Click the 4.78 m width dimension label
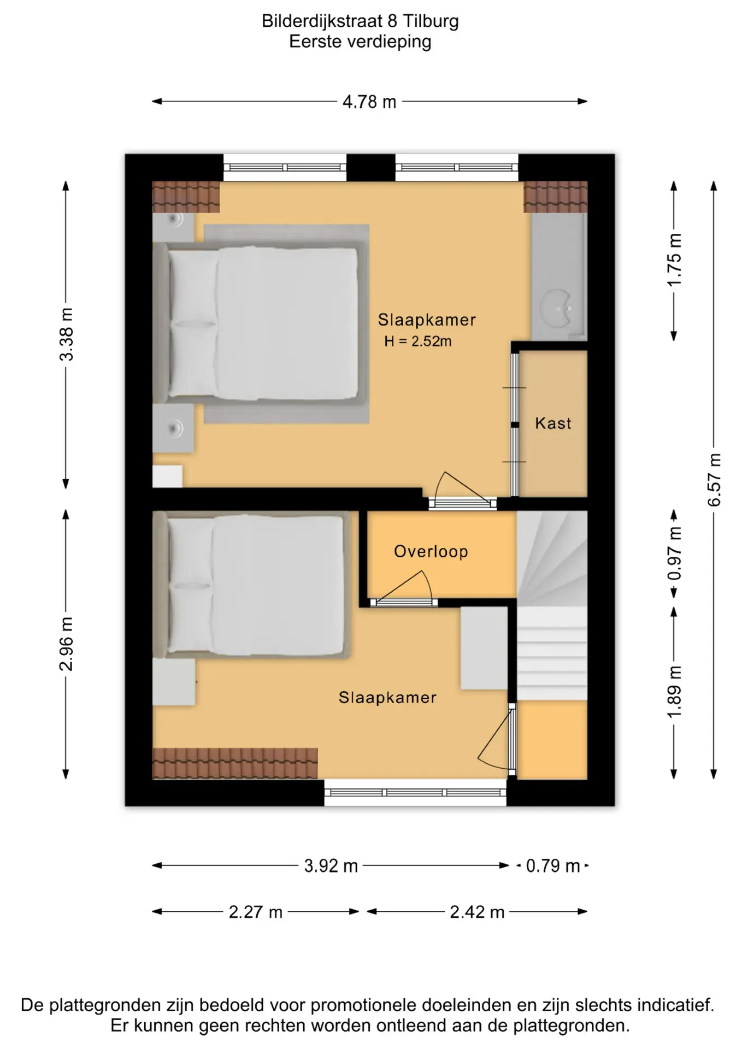369,102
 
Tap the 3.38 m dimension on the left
66,334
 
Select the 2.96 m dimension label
66,644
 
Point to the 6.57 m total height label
714,480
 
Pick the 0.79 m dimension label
553,866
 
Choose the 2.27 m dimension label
256,912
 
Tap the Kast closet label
553,423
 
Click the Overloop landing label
431,552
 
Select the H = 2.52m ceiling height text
418,341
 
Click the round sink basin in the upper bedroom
556,309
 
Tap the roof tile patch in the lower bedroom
235,763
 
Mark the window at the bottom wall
415,793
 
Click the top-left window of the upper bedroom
285,168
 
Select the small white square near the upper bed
167,476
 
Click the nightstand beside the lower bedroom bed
174,682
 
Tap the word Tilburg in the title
431,21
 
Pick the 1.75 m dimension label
675,260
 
